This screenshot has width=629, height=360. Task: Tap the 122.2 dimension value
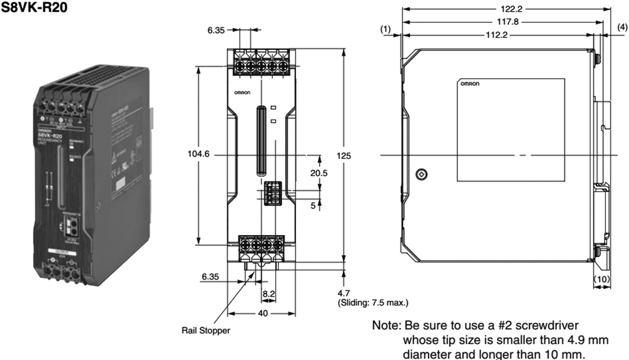[502, 9]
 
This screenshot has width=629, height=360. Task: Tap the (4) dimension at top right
[622, 27]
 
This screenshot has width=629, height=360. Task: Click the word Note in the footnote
[385, 326]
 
